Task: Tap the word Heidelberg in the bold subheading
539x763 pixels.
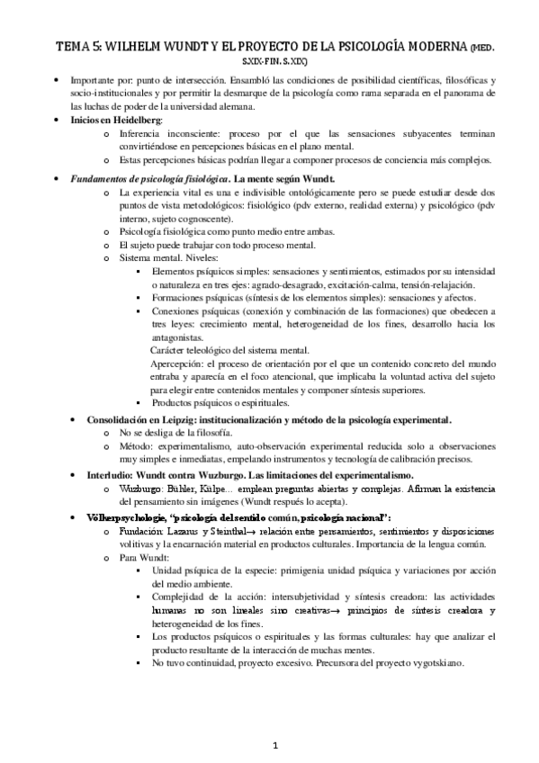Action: tap(136, 119)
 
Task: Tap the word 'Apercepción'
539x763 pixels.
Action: tap(178, 363)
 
